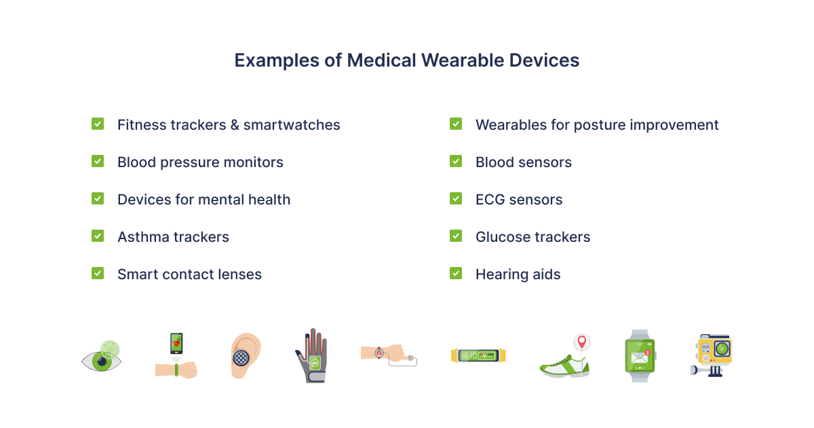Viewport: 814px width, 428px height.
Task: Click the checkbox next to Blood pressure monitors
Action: coord(98,161)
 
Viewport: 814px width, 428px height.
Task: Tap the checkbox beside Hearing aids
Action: coord(456,273)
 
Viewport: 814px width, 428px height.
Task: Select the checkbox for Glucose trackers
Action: coord(456,236)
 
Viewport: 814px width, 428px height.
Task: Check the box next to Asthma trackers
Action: coord(98,236)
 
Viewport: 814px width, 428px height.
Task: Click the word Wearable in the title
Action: coord(463,60)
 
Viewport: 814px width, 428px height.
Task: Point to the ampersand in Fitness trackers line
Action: coord(235,125)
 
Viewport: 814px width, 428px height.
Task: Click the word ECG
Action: coord(490,200)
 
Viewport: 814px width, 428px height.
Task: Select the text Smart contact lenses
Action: coord(189,274)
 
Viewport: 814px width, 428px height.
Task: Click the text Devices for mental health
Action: coord(204,200)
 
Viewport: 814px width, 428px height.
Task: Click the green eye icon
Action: coord(101,356)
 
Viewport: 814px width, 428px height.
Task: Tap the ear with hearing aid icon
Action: coord(246,355)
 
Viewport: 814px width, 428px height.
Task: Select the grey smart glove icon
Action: coord(312,355)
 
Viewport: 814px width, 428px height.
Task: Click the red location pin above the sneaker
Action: coord(582,342)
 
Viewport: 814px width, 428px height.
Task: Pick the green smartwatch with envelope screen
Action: coord(640,355)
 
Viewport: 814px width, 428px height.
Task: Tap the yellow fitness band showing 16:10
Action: coord(478,355)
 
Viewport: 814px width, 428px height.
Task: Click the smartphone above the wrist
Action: coord(176,343)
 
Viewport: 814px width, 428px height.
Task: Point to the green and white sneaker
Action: coord(564,367)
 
